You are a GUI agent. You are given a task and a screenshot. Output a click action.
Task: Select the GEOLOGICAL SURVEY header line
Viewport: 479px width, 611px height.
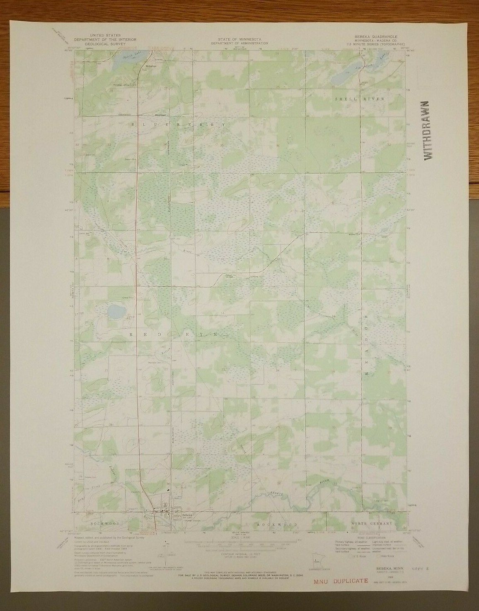click(x=105, y=43)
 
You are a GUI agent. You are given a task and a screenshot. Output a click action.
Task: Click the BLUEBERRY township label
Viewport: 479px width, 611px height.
click(x=179, y=124)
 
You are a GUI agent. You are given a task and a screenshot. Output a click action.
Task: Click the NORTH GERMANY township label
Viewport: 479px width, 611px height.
click(x=371, y=524)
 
